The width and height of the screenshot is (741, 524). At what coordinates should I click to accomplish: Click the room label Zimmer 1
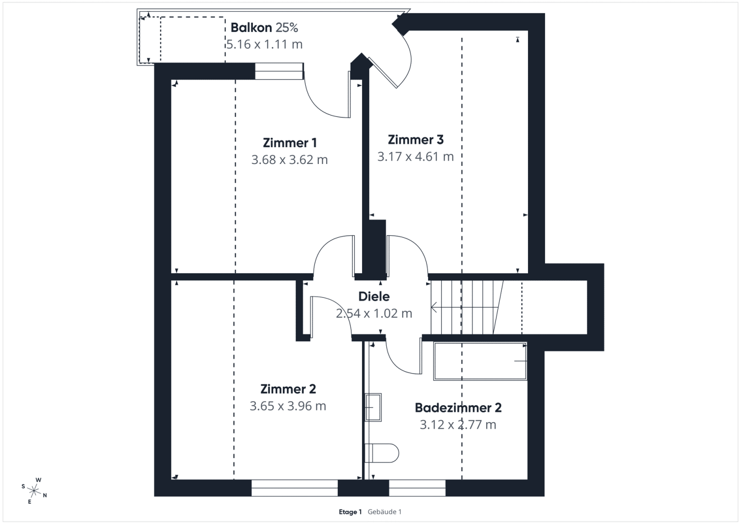click(290, 143)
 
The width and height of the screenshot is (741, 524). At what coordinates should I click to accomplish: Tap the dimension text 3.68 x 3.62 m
click(289, 160)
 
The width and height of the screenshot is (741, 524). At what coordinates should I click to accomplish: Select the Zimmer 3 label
click(415, 140)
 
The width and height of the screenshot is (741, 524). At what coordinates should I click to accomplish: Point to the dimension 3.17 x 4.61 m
click(415, 156)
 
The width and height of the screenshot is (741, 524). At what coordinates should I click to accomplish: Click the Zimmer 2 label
click(288, 389)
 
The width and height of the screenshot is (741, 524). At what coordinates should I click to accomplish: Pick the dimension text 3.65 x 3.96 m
click(288, 406)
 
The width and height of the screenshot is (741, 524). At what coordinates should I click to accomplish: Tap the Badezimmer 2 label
click(458, 408)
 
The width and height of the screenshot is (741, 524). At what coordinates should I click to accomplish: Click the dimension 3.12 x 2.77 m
click(458, 425)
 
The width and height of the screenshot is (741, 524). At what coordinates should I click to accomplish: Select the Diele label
click(374, 296)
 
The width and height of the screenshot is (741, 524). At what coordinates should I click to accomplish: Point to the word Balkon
click(251, 28)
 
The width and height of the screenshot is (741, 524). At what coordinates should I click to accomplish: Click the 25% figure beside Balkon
click(287, 28)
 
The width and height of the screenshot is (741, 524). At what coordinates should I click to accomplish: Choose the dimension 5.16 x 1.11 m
click(264, 44)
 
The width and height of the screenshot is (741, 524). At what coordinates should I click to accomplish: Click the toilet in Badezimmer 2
click(382, 453)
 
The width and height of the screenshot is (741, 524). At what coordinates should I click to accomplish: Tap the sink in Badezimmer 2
click(373, 407)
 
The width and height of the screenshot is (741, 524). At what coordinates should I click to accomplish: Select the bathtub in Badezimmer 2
click(480, 361)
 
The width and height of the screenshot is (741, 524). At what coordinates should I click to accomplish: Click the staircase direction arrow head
click(434, 307)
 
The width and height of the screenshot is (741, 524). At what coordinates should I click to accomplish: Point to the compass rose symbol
click(34, 491)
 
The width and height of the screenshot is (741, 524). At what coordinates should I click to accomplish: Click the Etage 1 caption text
click(350, 512)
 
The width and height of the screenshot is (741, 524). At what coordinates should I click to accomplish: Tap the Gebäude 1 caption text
click(384, 512)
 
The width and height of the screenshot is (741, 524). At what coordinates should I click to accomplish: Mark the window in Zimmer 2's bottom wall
click(295, 488)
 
